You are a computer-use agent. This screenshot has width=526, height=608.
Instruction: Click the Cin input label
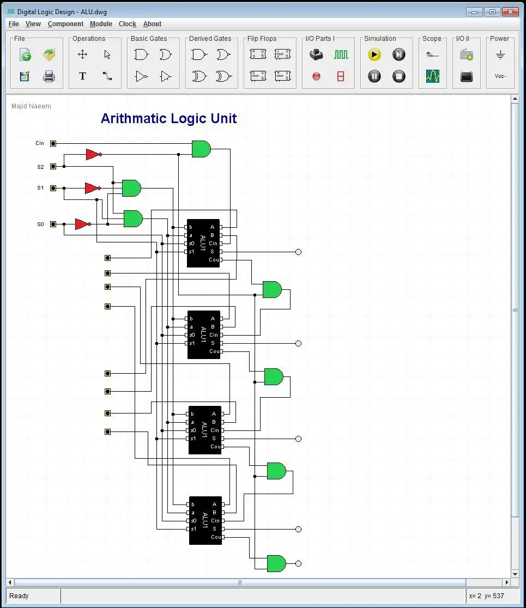[40, 143]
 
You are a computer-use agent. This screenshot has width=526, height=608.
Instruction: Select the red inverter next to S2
[93, 155]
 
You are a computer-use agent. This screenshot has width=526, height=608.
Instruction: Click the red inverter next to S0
[82, 224]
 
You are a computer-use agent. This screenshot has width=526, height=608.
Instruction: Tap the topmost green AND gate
[201, 149]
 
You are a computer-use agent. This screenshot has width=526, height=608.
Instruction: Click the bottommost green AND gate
[276, 563]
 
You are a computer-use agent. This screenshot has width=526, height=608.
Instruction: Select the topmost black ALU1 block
[203, 243]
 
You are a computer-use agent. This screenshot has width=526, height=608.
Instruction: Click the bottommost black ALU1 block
[205, 520]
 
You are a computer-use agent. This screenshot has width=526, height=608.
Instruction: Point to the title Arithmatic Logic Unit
[168, 119]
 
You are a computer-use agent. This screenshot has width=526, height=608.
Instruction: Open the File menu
[14, 24]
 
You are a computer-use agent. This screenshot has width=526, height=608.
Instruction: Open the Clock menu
[127, 24]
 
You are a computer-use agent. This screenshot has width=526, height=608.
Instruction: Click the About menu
[152, 24]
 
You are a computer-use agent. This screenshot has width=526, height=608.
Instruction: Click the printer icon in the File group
[49, 76]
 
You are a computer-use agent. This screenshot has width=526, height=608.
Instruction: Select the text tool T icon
[82, 76]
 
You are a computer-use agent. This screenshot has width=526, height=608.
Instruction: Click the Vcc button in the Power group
[500, 76]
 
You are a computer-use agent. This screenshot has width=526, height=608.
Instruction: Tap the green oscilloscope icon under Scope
[432, 76]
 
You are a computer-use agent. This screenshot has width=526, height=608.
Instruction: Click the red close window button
[510, 11]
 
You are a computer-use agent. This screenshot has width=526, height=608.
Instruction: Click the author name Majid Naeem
[31, 106]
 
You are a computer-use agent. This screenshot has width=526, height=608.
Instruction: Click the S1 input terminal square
[53, 188]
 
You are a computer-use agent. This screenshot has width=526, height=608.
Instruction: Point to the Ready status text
[19, 595]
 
